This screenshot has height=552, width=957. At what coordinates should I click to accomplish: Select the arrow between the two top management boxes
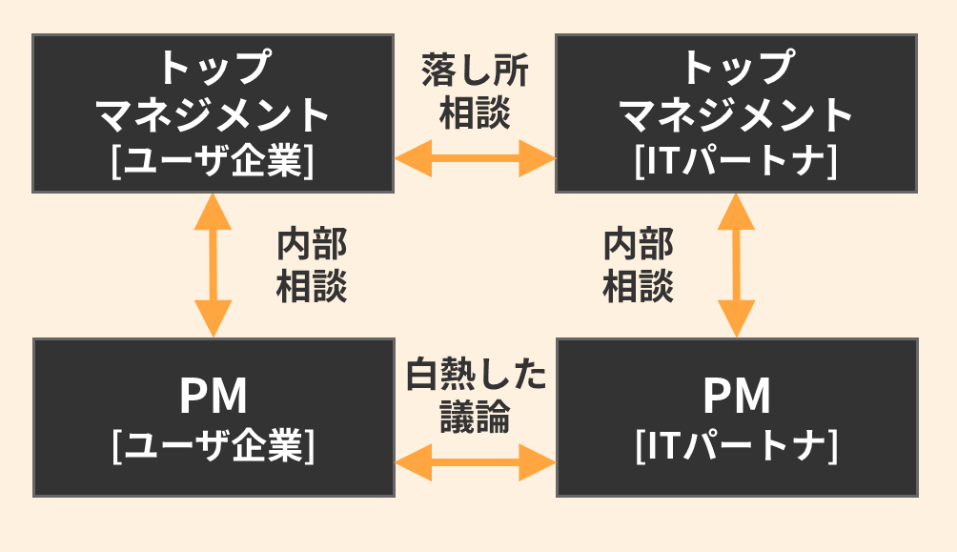475,157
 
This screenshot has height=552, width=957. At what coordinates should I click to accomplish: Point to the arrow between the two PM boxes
475,465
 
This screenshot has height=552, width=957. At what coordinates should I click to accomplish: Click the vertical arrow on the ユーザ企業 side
213,265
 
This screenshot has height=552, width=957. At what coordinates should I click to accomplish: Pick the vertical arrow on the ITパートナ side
736,265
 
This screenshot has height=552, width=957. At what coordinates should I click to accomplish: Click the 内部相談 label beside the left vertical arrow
312,266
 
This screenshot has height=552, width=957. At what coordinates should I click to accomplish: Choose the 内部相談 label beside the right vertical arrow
639,266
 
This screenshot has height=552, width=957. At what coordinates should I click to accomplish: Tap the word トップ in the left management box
213,67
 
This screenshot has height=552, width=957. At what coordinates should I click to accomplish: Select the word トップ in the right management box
736,67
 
